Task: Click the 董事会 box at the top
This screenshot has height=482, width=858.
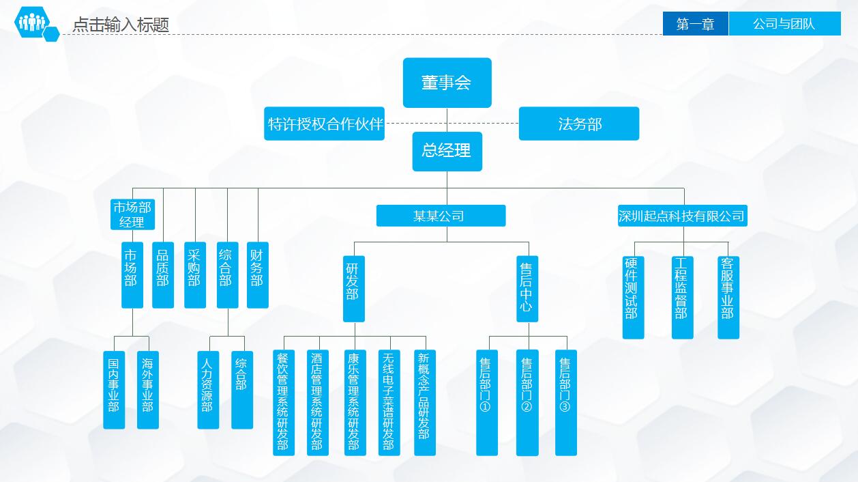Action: pos(447,83)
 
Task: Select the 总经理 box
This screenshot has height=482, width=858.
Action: pos(447,152)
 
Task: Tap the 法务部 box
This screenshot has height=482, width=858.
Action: pos(579,124)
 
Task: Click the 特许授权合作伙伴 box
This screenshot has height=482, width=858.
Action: pos(324,124)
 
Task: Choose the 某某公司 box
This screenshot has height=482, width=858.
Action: pos(441,216)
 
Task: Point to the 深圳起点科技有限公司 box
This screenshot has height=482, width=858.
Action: pos(682,216)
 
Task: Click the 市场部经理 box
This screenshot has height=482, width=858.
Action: pos(132,214)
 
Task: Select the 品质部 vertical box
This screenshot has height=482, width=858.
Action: pos(163,275)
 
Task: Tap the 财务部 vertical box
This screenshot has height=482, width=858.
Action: pos(257,275)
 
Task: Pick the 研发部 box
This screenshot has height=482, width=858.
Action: pos(353,289)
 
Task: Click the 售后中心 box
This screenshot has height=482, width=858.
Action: pos(527,289)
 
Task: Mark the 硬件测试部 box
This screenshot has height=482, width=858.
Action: pos(633,298)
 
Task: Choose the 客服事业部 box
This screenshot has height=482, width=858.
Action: pos(728,298)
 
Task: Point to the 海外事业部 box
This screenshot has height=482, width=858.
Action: pos(148,390)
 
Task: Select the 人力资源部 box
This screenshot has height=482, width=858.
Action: pos(208,390)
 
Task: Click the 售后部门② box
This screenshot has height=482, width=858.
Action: pos(527,403)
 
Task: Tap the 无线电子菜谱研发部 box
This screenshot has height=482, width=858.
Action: pos(389,403)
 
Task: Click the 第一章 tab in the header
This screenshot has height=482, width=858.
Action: pos(695,24)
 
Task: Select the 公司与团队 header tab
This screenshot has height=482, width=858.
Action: pos(785,24)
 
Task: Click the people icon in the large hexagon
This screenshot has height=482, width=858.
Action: pos(32,22)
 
